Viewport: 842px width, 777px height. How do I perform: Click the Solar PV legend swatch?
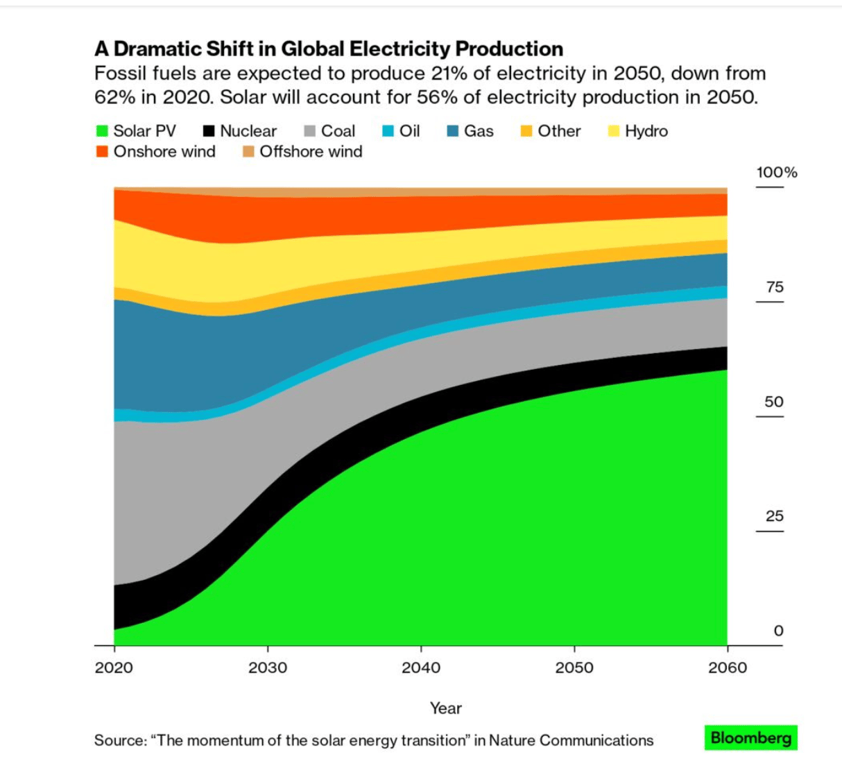[x=102, y=131]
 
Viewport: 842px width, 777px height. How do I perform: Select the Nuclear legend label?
[x=248, y=131]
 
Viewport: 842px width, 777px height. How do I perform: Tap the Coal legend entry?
[x=330, y=131]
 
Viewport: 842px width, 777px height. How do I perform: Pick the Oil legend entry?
[x=402, y=131]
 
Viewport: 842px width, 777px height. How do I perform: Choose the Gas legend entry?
[x=471, y=131]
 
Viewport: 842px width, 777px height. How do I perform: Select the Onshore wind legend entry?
[x=156, y=152]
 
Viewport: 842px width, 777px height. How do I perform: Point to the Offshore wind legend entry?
[x=302, y=152]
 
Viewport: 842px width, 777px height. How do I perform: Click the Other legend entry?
[x=551, y=131]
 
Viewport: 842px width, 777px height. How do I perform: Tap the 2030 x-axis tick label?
[x=268, y=667]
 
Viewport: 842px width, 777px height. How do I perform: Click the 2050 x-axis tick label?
[x=574, y=667]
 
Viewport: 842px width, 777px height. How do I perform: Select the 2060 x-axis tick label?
[x=728, y=667]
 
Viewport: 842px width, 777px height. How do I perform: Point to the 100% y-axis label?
[x=777, y=173]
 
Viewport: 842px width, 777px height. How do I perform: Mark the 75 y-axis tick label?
[x=775, y=287]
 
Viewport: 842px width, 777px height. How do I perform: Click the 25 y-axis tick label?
[x=775, y=516]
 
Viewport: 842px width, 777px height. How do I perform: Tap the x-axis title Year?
[x=445, y=708]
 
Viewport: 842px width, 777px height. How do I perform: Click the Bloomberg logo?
[x=751, y=737]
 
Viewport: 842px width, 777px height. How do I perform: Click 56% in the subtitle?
[x=438, y=97]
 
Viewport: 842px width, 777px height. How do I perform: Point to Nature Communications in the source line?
[x=571, y=740]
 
